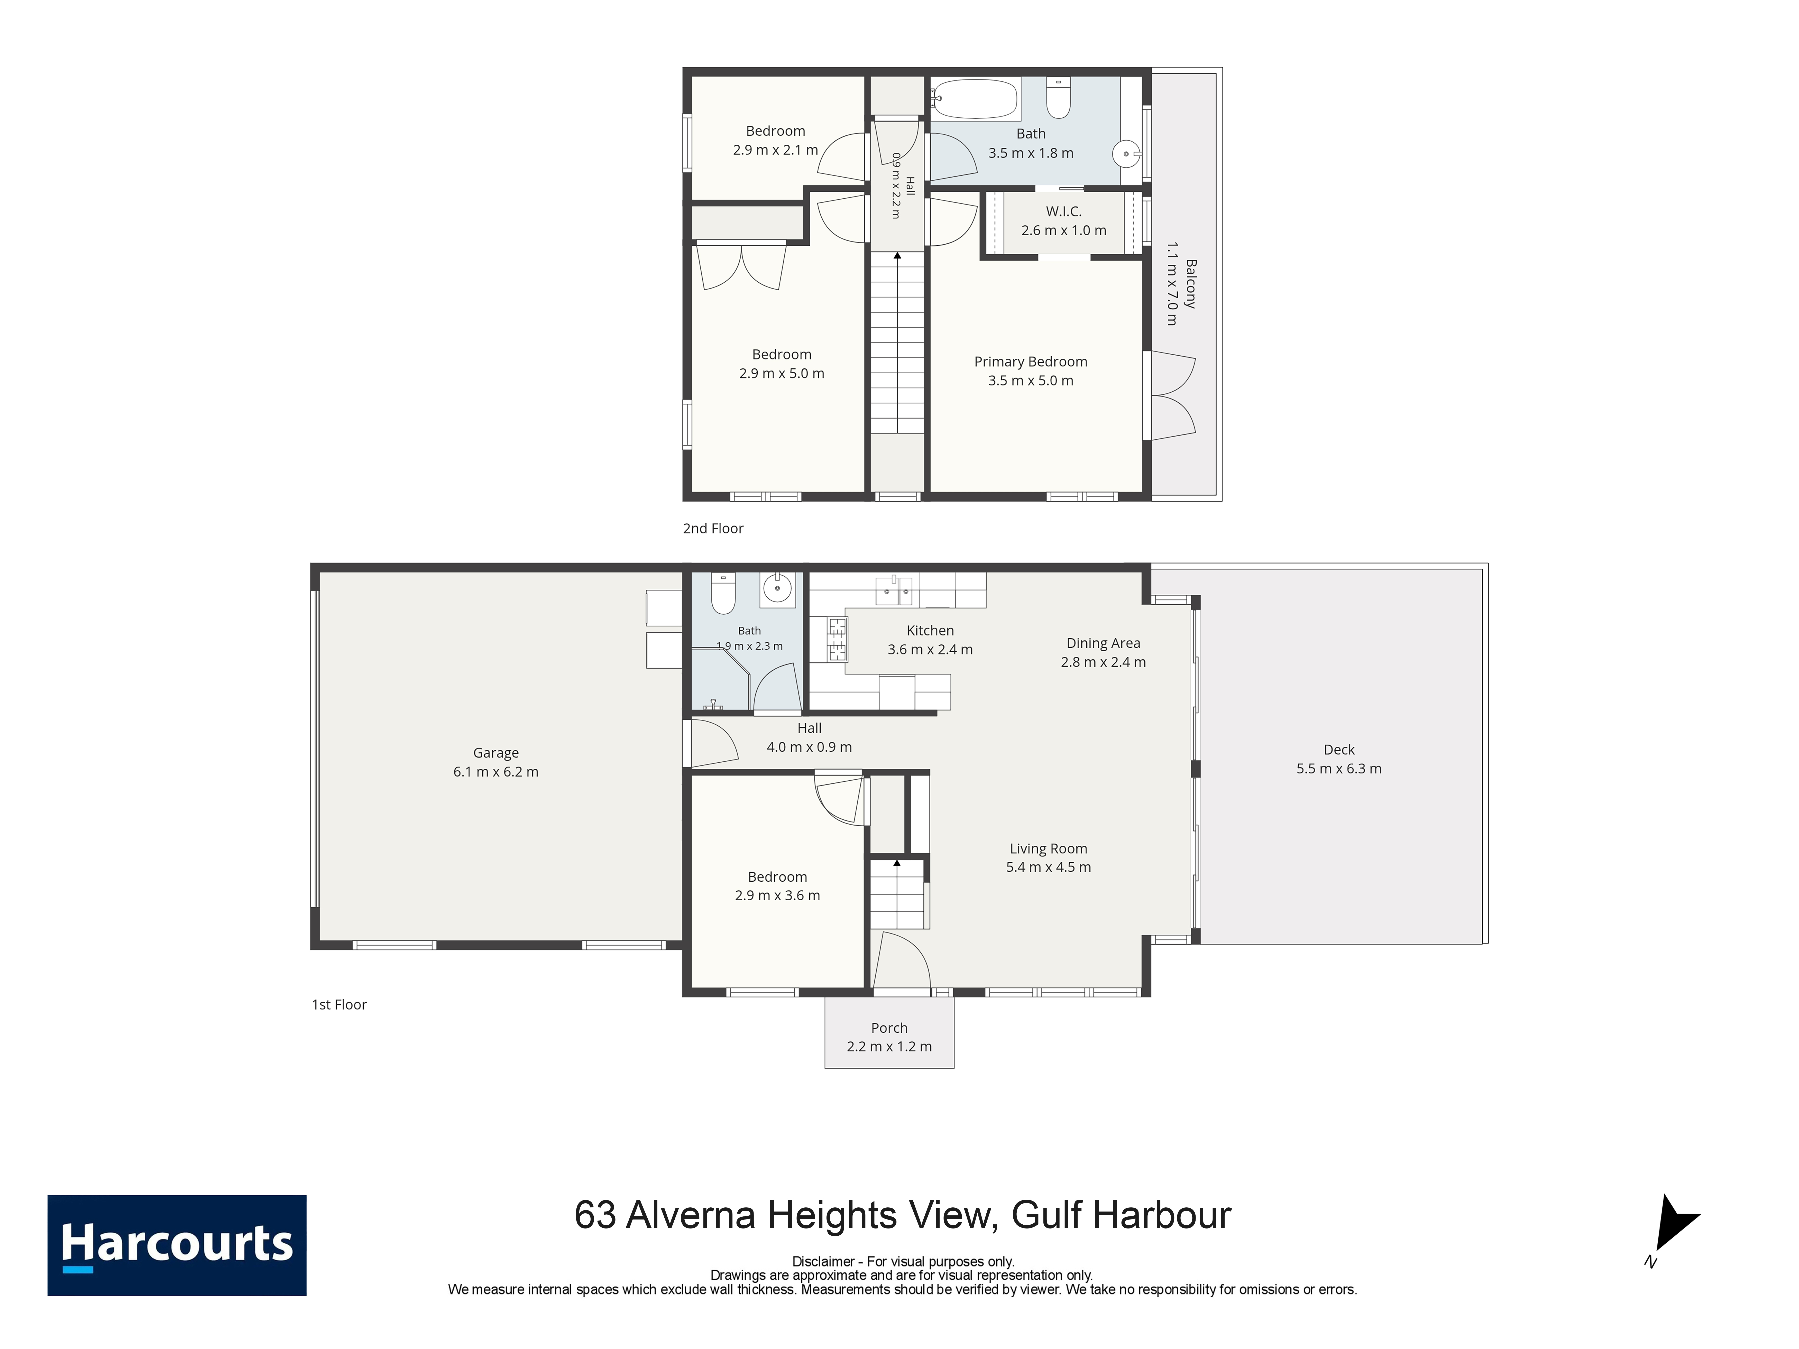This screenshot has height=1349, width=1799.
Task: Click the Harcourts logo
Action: pos(177,1245)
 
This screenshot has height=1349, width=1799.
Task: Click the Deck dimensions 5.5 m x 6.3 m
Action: pos(1339,769)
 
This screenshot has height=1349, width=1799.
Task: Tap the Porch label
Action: pos(889,1028)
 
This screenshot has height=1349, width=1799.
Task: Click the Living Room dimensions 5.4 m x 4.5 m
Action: pos(1048,867)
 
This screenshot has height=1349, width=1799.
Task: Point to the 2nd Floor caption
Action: pos(713,529)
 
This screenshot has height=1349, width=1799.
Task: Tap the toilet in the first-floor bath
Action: pos(723,593)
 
